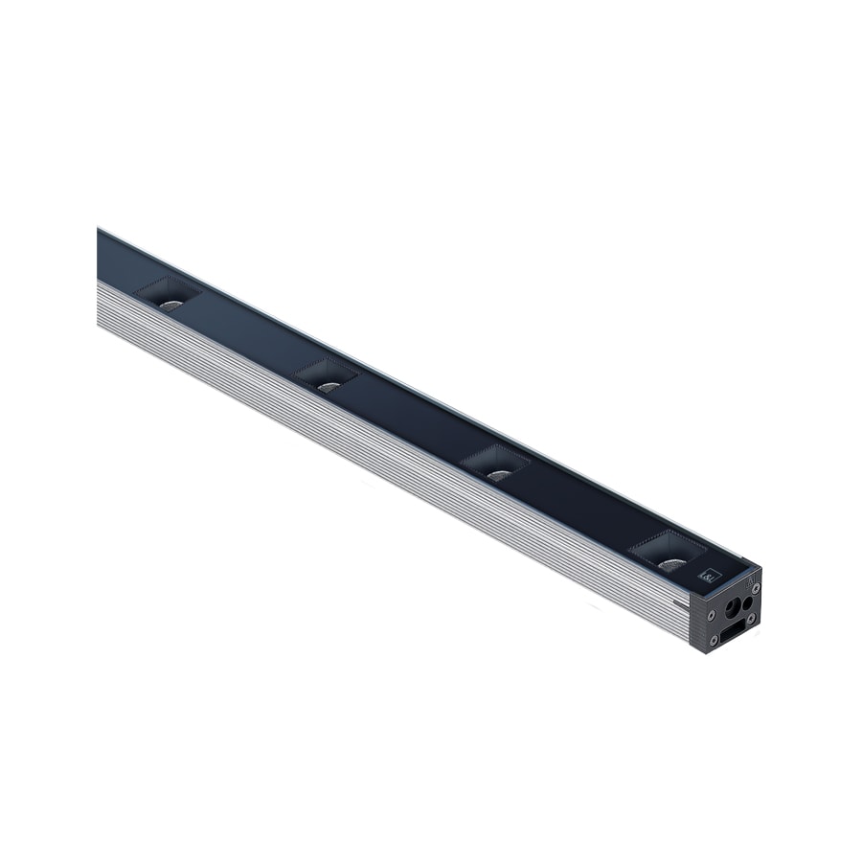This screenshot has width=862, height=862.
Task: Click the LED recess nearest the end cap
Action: (668, 554)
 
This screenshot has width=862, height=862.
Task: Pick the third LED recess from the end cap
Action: (328, 377)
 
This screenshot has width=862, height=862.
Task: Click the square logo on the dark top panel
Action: (710, 577)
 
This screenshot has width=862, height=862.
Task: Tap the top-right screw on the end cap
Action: (756, 587)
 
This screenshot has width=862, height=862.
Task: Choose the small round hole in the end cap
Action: (748, 603)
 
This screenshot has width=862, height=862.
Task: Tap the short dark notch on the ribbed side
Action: (679, 601)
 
